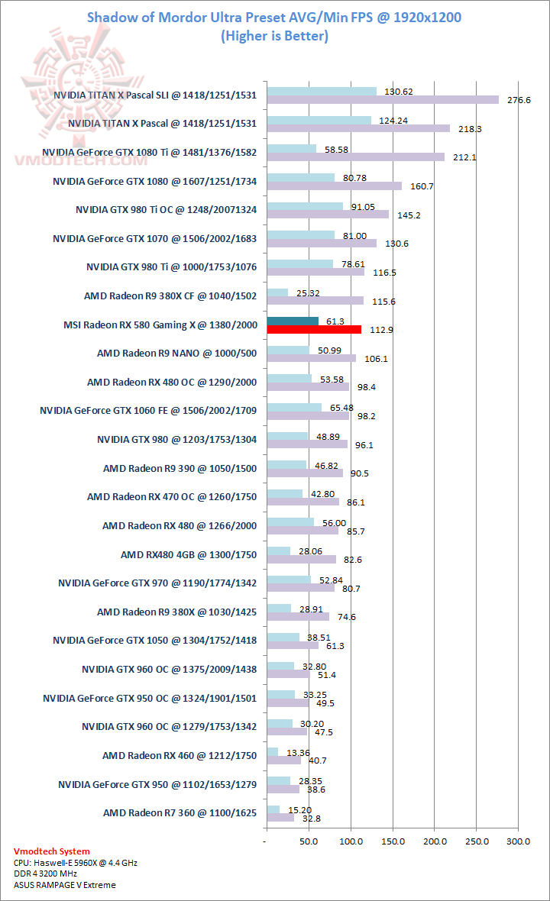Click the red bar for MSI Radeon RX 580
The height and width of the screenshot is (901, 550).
[314, 329]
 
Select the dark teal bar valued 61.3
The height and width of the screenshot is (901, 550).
[293, 321]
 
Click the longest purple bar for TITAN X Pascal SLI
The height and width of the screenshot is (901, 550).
[382, 99]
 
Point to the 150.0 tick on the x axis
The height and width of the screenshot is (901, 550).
[393, 841]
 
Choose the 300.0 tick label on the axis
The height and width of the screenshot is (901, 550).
[518, 841]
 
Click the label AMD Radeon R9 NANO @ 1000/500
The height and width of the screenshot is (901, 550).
[176, 354]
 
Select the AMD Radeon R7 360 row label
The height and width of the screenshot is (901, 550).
[180, 813]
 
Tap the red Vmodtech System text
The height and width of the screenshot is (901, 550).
[52, 851]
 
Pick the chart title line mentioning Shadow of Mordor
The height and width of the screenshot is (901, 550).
[274, 18]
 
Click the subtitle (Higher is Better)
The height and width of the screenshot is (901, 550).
[274, 36]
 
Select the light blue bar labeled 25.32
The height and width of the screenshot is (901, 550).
[277, 292]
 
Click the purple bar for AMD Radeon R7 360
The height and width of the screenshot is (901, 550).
[280, 818]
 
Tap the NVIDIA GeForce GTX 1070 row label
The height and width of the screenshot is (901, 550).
[154, 238]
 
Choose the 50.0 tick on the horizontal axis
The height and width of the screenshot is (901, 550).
[309, 841]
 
